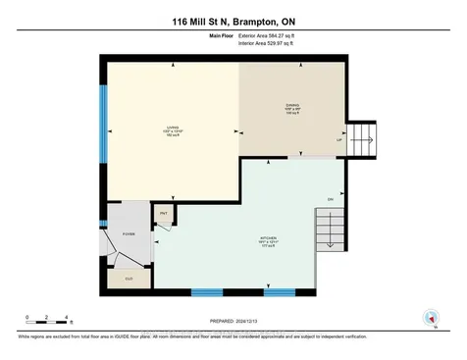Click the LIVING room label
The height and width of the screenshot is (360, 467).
[171, 134]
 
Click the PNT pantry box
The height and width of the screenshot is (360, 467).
[163, 215]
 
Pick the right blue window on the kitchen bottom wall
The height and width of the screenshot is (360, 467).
[280, 292]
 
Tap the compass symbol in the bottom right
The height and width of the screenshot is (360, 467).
[430, 319]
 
